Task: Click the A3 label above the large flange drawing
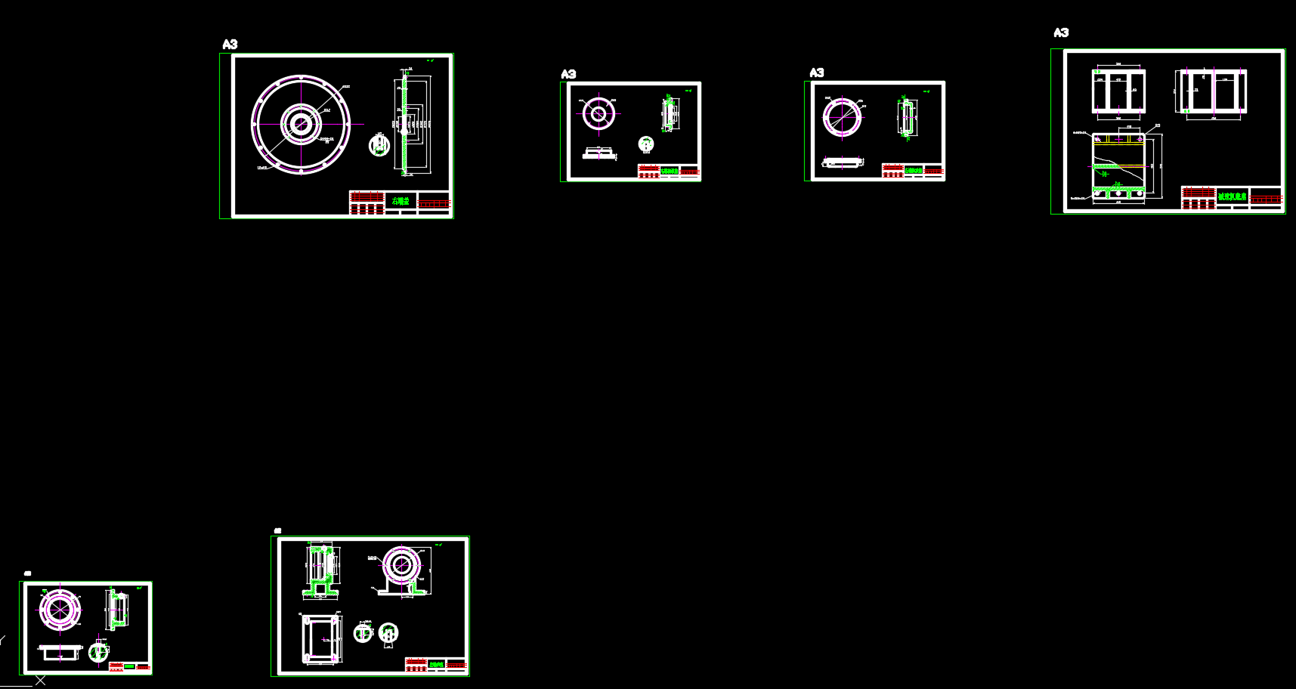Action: coord(230,45)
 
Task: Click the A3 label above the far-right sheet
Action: coord(1061,32)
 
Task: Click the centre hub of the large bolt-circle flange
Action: coord(301,124)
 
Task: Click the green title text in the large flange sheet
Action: coord(401,201)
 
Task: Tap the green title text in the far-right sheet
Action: coord(1232,196)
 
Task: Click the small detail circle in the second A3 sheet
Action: coord(645,143)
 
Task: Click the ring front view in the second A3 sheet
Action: coord(599,114)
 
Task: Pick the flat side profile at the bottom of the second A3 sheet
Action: coord(599,153)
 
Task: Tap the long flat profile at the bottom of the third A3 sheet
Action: coord(842,162)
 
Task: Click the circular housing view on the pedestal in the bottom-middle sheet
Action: coord(401,567)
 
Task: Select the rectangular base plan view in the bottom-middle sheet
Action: coord(321,638)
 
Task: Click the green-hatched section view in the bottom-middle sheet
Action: coord(320,571)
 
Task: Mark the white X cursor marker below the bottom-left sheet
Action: coord(40,681)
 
